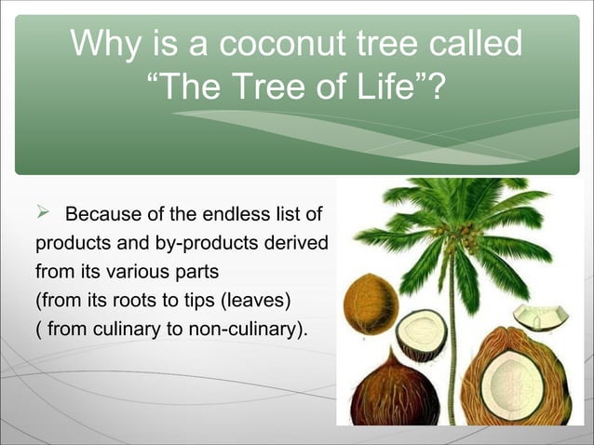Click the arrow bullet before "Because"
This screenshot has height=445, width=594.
(43, 216)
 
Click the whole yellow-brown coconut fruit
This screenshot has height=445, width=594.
(370, 303)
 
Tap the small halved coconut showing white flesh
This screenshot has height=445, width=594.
(421, 334)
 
